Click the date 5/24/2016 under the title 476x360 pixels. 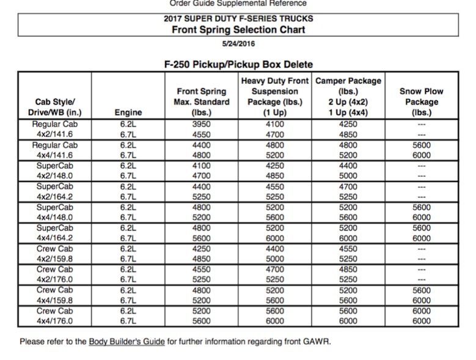click(x=238, y=43)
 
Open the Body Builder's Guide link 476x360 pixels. click(x=126, y=342)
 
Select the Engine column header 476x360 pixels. click(x=128, y=112)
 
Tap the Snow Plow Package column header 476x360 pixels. click(x=421, y=101)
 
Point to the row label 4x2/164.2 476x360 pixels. click(x=55, y=196)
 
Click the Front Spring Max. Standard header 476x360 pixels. click(x=202, y=101)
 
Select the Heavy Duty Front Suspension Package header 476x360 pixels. click(x=274, y=97)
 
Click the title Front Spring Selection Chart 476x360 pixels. click(x=238, y=29)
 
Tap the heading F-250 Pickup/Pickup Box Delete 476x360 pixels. click(x=238, y=64)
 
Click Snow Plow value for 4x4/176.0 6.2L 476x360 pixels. click(x=421, y=311)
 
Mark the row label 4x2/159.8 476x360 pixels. click(x=55, y=259)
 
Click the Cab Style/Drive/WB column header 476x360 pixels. click(x=55, y=107)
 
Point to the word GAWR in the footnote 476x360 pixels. click(x=317, y=342)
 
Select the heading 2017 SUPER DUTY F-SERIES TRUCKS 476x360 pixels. click(x=238, y=18)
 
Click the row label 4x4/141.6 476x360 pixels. click(x=55, y=155)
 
